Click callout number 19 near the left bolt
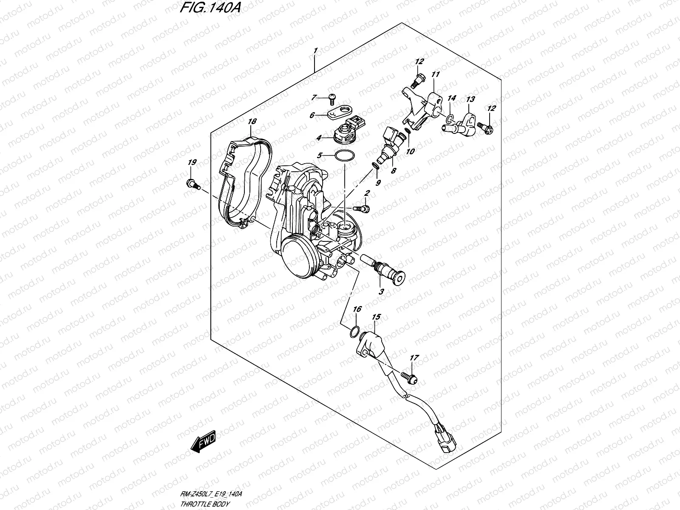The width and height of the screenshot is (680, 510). click(x=192, y=163)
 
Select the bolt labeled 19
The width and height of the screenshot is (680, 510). click(x=192, y=184)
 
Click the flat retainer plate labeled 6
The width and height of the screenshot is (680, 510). click(x=341, y=113)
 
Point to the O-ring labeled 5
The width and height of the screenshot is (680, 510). click(x=344, y=156)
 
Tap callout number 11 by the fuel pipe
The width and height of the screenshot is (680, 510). click(x=435, y=74)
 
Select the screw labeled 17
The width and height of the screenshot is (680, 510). click(x=409, y=377)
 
